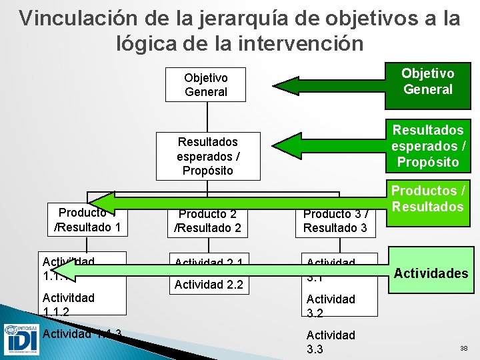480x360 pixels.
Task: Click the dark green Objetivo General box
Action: [428, 82]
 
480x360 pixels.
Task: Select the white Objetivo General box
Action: [206, 85]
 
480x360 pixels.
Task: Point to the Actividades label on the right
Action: [431, 273]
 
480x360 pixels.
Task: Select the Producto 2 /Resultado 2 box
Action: [207, 221]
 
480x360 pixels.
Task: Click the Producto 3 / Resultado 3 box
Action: [335, 221]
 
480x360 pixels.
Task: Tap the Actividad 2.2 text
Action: [209, 286]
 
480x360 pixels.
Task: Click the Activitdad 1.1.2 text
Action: [68, 304]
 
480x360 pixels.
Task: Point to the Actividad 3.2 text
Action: [330, 305]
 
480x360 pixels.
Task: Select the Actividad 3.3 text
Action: [330, 341]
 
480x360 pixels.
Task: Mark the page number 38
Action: [463, 349]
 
